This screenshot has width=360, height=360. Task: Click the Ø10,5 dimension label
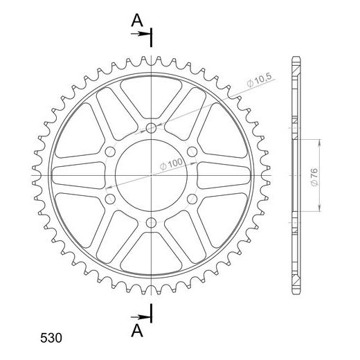click(259, 80)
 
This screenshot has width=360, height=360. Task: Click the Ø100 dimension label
click(171, 164)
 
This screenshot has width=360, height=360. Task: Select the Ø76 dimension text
click(314, 177)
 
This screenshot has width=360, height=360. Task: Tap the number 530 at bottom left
click(51, 338)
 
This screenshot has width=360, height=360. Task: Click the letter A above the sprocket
click(137, 20)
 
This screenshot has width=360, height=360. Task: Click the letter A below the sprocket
click(137, 331)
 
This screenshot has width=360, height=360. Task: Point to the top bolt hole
click(151, 128)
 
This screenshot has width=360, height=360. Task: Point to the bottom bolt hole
click(151, 223)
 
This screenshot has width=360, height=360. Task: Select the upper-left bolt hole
click(110, 152)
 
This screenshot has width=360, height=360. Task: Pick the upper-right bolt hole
click(192, 152)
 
